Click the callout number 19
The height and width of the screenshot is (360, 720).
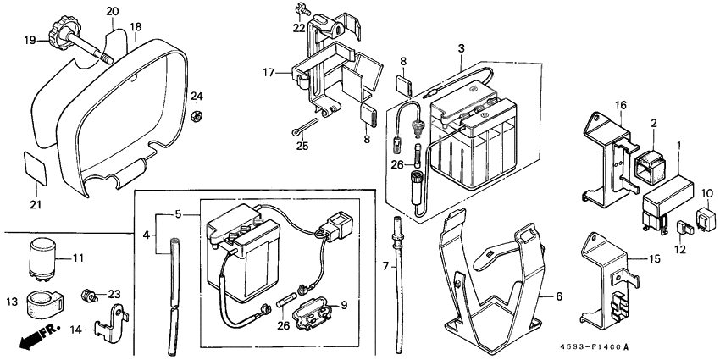coord(29,40)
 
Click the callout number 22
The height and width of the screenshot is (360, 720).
coord(298,28)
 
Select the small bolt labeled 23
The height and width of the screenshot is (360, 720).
coord(87,296)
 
